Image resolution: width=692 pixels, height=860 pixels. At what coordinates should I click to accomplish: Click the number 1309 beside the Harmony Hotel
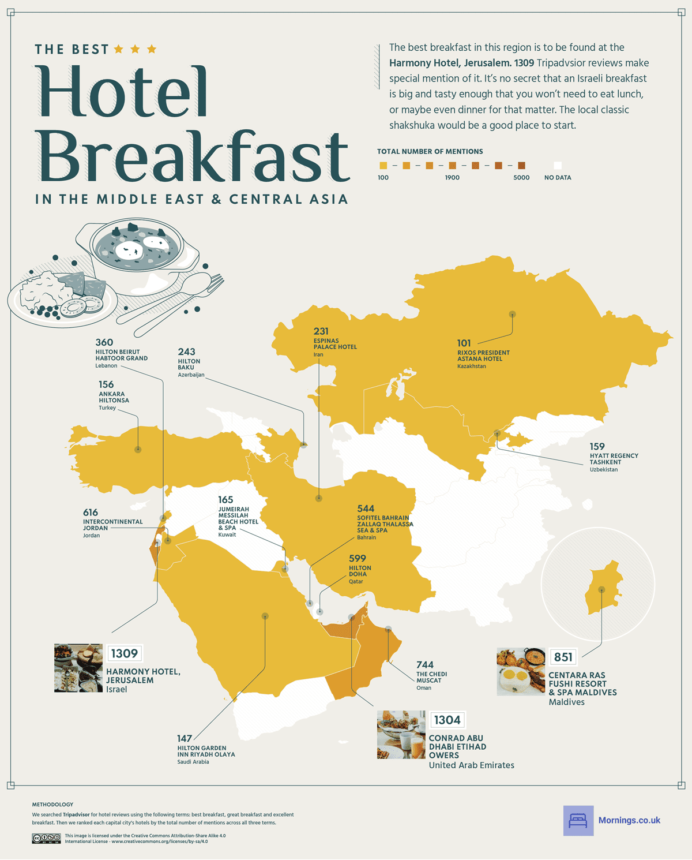point(125,653)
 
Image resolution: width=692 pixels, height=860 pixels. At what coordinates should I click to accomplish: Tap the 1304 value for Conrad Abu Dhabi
point(447,720)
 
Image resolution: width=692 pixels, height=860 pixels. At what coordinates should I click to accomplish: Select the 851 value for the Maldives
point(563,657)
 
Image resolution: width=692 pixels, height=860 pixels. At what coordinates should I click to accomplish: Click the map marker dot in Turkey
point(138,449)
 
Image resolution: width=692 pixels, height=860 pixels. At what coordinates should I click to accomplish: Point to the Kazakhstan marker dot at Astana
point(512,315)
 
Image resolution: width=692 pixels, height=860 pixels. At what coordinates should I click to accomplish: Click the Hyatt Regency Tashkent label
point(614,459)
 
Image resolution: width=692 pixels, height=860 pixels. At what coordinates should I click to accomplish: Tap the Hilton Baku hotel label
point(189,364)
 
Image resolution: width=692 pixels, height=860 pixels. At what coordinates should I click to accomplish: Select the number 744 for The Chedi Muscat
point(425,665)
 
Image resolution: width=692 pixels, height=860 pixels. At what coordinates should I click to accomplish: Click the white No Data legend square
point(557,166)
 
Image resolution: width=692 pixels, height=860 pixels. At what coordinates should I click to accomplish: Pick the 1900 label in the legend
point(452,178)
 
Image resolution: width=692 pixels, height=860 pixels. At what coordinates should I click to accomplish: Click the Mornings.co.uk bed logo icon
point(578,820)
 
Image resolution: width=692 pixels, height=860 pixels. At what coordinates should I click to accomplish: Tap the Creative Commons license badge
point(46,838)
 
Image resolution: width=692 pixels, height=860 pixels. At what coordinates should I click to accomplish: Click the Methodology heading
point(52,804)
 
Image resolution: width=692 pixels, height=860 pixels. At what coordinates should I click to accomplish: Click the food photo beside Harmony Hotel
point(78,668)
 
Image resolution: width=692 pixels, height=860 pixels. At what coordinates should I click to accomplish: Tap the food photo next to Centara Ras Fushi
point(521,672)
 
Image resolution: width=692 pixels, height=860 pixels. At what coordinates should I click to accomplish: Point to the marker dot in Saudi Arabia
point(265,616)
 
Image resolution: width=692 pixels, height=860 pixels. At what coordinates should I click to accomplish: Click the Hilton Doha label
point(360,571)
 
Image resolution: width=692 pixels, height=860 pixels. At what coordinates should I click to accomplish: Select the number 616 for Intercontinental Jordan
point(91,513)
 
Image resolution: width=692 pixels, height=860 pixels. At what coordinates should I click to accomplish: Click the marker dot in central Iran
point(319,498)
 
